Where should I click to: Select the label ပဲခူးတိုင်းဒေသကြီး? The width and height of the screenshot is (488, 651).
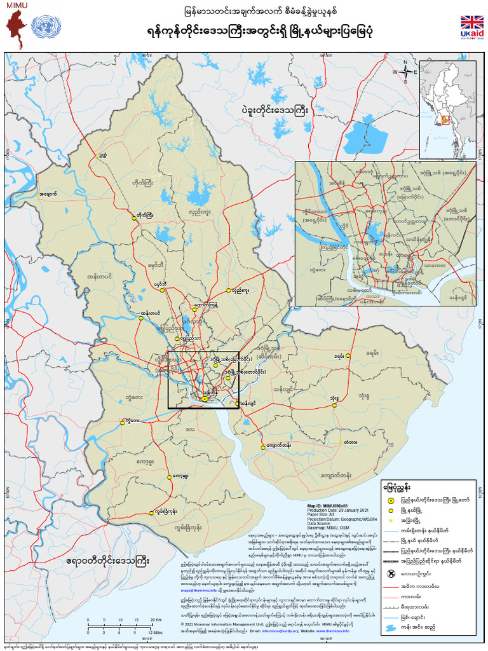pos(274,111)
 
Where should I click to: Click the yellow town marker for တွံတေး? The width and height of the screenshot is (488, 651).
pos(123,421)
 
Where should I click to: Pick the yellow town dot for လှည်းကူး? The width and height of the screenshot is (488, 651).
pos(229,291)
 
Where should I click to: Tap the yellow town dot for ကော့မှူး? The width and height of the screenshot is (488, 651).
pos(169,476)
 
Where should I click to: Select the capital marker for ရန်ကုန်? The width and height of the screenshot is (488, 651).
pos(205,399)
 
